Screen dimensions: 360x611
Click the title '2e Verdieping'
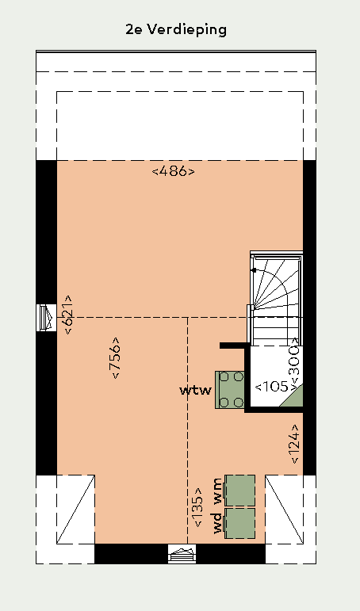click(x=176, y=30)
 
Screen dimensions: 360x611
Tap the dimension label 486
click(x=173, y=171)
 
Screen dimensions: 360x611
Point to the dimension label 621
click(x=68, y=315)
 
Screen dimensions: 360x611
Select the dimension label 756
click(x=116, y=357)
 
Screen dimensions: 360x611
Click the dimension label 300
click(x=295, y=361)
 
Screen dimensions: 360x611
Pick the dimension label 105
click(x=271, y=387)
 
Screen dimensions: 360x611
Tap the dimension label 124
click(x=295, y=444)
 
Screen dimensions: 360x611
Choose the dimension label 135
click(x=197, y=507)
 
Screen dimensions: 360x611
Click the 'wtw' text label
click(x=195, y=391)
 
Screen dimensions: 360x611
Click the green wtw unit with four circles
click(x=230, y=390)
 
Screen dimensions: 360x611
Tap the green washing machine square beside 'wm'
click(x=240, y=491)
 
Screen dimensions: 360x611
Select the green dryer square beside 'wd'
click(x=240, y=523)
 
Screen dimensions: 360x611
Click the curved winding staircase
click(x=275, y=299)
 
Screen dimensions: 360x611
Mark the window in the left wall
click(x=47, y=318)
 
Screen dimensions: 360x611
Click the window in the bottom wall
click(x=182, y=554)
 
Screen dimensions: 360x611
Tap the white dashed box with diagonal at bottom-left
click(x=75, y=509)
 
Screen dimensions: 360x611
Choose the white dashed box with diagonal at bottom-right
click(x=285, y=509)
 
